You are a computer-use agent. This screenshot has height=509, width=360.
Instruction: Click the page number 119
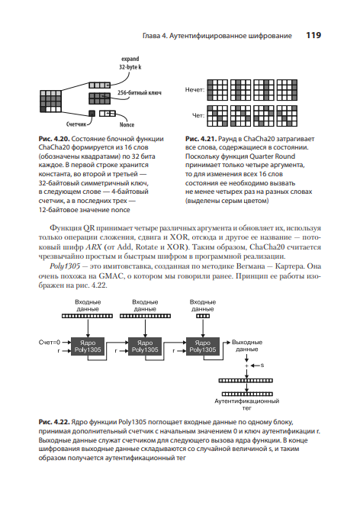coord(313,35)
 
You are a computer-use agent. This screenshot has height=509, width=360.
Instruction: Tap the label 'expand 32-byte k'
coord(130,63)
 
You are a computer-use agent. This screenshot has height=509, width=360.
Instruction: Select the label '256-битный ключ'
coord(139,92)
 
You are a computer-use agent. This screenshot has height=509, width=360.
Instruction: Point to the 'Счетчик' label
coord(76,124)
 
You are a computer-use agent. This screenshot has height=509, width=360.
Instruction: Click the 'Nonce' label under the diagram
coord(127,124)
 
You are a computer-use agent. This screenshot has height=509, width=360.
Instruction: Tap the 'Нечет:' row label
coord(195,89)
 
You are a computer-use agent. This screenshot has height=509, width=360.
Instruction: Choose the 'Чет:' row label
coord(198,115)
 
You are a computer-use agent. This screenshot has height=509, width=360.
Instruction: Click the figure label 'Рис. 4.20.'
coord(54,139)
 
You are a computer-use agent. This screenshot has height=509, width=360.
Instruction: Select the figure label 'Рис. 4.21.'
coord(201,139)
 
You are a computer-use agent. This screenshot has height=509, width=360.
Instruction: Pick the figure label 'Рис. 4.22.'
coord(54,422)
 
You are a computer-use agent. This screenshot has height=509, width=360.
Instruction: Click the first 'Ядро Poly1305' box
coord(88,346)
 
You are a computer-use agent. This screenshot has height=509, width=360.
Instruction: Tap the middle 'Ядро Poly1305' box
coord(145,346)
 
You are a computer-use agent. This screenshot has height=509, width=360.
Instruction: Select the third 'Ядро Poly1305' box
coord(203,346)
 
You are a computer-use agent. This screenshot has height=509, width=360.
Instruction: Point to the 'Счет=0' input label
coord(50,342)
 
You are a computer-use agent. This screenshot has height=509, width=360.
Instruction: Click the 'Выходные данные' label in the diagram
coord(247,346)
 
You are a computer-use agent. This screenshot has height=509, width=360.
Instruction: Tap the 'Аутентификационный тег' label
coord(247,404)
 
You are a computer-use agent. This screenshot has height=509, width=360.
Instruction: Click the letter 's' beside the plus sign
coord(262,366)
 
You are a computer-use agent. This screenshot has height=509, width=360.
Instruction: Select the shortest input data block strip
coord(203,316)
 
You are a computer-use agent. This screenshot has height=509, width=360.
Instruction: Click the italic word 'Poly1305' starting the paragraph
coord(65,266)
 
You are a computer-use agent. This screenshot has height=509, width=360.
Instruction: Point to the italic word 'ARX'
coord(94,247)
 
